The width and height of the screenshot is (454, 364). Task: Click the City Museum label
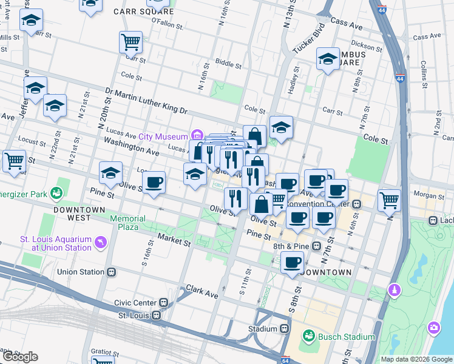tap(163, 136)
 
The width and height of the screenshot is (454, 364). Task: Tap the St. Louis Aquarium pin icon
tap(100, 243)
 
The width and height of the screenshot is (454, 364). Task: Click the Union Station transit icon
tap(111, 272)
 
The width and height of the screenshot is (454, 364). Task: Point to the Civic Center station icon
tap(163, 302)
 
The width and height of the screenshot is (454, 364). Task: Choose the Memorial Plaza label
tap(127, 222)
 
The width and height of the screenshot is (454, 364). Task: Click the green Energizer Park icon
tap(57, 194)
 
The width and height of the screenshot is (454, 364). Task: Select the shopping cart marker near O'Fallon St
tap(130, 42)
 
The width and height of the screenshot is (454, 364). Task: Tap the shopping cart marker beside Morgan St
tap(389, 199)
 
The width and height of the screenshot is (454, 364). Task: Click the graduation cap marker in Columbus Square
tap(328, 59)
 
